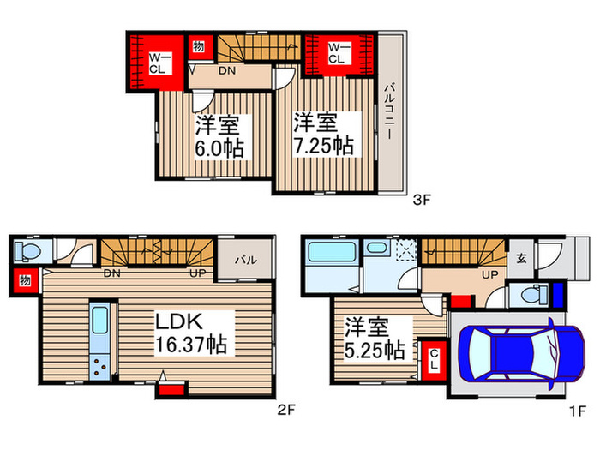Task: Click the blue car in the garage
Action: click(x=522, y=353)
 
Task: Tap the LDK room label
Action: click(x=178, y=321)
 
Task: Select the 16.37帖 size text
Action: click(x=191, y=345)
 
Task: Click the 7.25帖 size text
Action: click(x=324, y=146)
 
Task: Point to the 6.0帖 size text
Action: click(x=219, y=148)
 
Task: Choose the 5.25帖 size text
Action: click(x=375, y=350)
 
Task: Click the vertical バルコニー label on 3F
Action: click(x=390, y=111)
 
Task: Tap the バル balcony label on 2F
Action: click(x=246, y=261)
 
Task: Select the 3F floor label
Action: click(x=422, y=200)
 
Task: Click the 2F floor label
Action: click(x=286, y=410)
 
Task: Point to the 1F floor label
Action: click(x=578, y=411)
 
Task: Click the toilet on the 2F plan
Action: click(x=27, y=251)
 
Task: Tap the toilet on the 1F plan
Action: click(x=535, y=295)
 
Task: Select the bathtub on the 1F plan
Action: click(x=333, y=251)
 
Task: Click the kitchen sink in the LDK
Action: click(x=100, y=320)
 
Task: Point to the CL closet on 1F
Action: click(x=434, y=360)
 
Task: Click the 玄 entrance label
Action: click(x=521, y=258)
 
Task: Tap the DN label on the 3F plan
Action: click(x=227, y=71)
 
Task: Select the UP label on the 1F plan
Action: click(x=489, y=275)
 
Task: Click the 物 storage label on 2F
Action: click(x=25, y=280)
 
